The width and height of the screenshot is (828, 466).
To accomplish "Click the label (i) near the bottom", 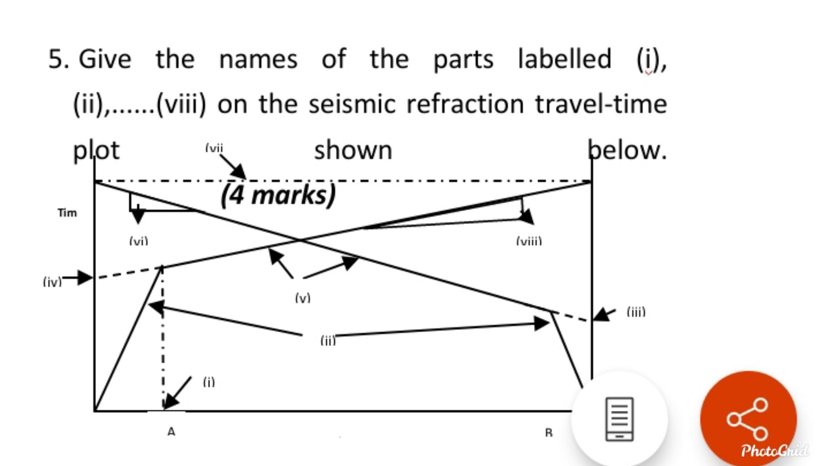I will click(209, 382).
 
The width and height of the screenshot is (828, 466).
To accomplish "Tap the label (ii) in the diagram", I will click(328, 340).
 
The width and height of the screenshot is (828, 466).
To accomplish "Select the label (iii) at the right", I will click(636, 312).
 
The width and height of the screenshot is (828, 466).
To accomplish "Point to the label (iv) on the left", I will click(52, 282).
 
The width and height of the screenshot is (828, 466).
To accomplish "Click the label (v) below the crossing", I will click(303, 298).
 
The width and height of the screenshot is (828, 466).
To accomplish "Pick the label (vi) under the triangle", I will click(138, 241).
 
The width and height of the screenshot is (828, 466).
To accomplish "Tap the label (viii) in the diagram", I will click(529, 241).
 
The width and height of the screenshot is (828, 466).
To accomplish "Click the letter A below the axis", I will click(171, 431).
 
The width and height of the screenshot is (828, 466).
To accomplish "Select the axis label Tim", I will click(67, 213).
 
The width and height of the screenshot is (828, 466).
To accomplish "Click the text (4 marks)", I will click(278, 195).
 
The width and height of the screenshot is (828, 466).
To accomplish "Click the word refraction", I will click(465, 104).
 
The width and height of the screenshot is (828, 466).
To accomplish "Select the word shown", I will click(353, 150).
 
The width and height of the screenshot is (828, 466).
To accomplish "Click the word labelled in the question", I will click(565, 59).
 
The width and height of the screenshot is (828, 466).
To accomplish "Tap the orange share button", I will click(748, 419).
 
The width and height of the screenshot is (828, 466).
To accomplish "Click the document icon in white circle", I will click(619, 419).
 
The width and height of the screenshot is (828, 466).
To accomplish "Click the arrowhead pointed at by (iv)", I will click(86, 277).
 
